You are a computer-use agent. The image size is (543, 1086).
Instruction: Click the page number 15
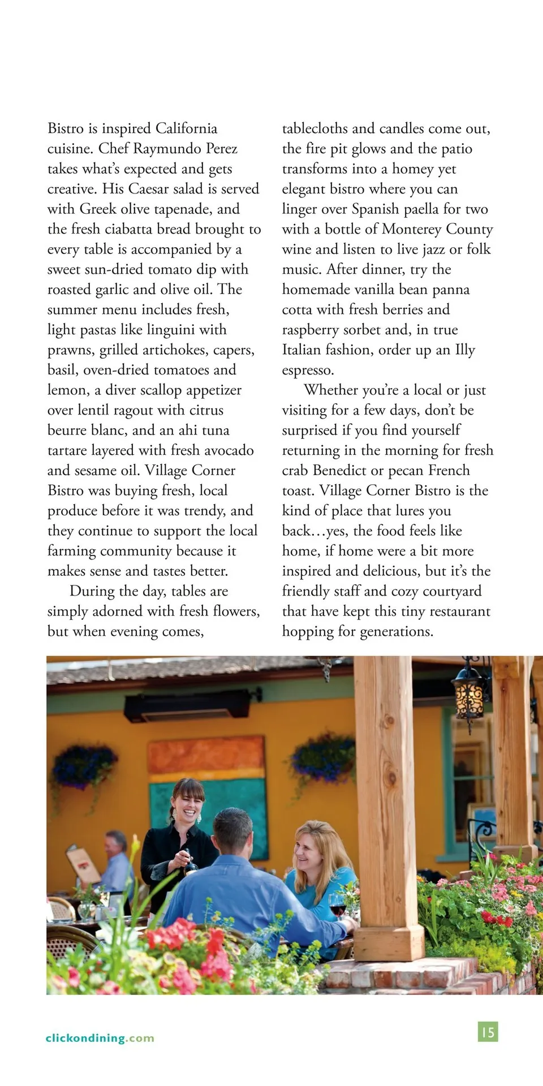[x=488, y=1032]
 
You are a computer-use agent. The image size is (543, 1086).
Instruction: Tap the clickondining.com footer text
[x=100, y=1038]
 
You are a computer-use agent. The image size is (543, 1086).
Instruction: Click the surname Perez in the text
[x=221, y=149]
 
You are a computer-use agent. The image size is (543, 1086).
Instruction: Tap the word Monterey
[x=411, y=229]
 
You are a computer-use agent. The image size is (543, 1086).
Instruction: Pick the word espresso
[x=308, y=370]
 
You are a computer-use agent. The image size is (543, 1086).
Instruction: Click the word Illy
[x=465, y=350]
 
